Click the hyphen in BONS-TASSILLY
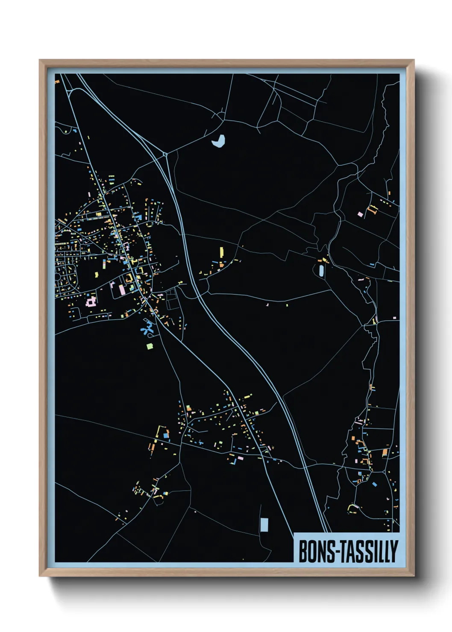(x=340, y=552)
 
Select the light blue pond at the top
(x=218, y=141)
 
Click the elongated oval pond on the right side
(x=321, y=270)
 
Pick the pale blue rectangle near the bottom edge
(x=264, y=524)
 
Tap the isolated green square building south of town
(x=150, y=346)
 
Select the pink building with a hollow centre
(x=91, y=303)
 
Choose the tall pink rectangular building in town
(x=122, y=290)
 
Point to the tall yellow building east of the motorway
(x=222, y=252)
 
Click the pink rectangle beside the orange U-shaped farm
(x=360, y=214)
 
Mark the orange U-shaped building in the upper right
(x=373, y=209)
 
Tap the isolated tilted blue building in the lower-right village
(x=375, y=484)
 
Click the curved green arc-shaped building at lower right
(x=353, y=506)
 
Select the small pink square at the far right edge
(x=394, y=318)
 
